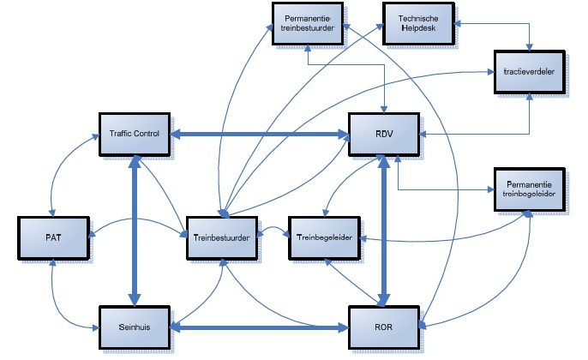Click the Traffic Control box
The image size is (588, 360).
135,134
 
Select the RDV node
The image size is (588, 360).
382,134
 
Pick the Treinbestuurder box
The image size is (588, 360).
220,237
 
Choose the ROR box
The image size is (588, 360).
382,327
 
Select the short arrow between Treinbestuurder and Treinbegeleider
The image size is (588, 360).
273,231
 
